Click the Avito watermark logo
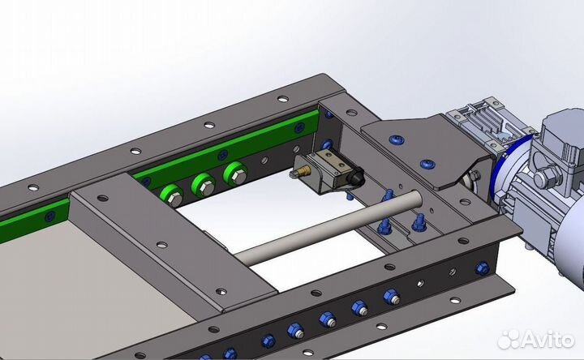point(536,339)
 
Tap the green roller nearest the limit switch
point(235,174)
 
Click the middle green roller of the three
point(204,186)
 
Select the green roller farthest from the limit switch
point(172,197)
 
